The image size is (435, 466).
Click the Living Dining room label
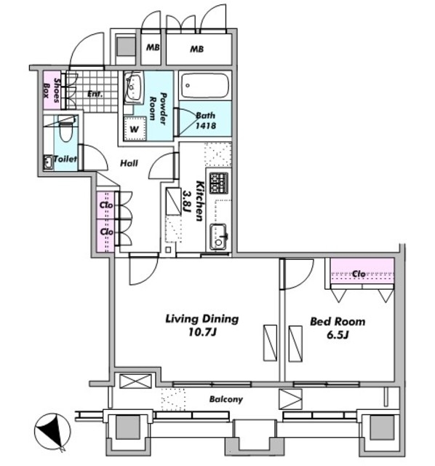pyautogui.click(x=202, y=325)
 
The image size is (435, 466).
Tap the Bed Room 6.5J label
pyautogui.click(x=338, y=328)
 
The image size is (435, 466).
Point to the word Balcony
pyautogui.click(x=226, y=399)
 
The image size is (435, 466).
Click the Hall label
pyautogui.click(x=129, y=163)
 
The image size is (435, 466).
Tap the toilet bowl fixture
pyautogui.click(x=66, y=128)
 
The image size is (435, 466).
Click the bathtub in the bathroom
pyautogui.click(x=205, y=86)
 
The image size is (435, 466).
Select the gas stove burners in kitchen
pyautogui.click(x=219, y=183)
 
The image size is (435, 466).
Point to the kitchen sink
pyautogui.click(x=218, y=237)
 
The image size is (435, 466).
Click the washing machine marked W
pyautogui.click(x=135, y=128)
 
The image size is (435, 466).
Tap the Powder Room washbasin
pyautogui.click(x=133, y=87)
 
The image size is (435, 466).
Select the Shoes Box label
pyautogui.click(x=52, y=90)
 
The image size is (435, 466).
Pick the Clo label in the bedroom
pyautogui.click(x=359, y=274)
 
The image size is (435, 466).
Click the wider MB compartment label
pyautogui.click(x=197, y=49)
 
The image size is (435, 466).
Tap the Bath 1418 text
pyautogui.click(x=205, y=120)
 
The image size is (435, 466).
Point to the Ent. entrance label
pyautogui.click(x=95, y=94)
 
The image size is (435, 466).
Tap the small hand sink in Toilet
pyautogui.click(x=48, y=162)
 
